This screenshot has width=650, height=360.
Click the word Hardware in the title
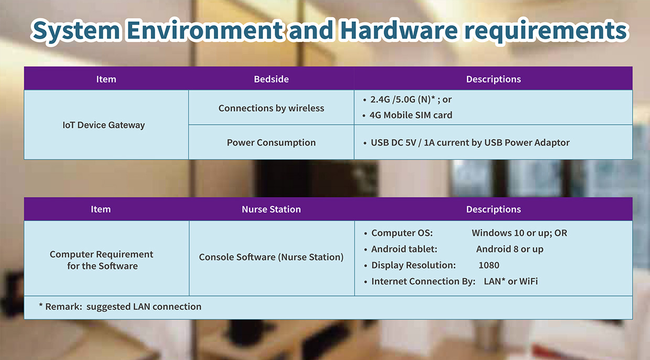coord(399,30)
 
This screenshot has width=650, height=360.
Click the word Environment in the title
coord(205,30)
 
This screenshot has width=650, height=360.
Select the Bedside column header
coord(272,79)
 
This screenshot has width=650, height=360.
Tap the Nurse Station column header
coord(272,209)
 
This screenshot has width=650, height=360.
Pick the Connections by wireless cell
coord(272,108)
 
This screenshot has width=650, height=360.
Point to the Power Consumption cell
coord(272,143)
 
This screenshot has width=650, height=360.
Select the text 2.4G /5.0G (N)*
coord(403,100)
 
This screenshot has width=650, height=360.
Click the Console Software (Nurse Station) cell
coord(272,257)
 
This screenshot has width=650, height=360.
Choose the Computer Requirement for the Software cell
coord(102,260)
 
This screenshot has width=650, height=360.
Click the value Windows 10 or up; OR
coord(519,233)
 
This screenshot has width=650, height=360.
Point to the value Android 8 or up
coord(510,249)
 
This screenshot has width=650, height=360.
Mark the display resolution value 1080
coord(489,265)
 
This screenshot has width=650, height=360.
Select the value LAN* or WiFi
coord(511,281)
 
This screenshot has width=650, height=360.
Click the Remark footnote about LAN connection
coord(120,307)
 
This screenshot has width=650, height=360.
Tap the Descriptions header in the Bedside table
coord(494,79)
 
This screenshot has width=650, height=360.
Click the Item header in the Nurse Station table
coord(101,209)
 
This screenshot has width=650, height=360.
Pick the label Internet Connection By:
coord(424,281)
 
